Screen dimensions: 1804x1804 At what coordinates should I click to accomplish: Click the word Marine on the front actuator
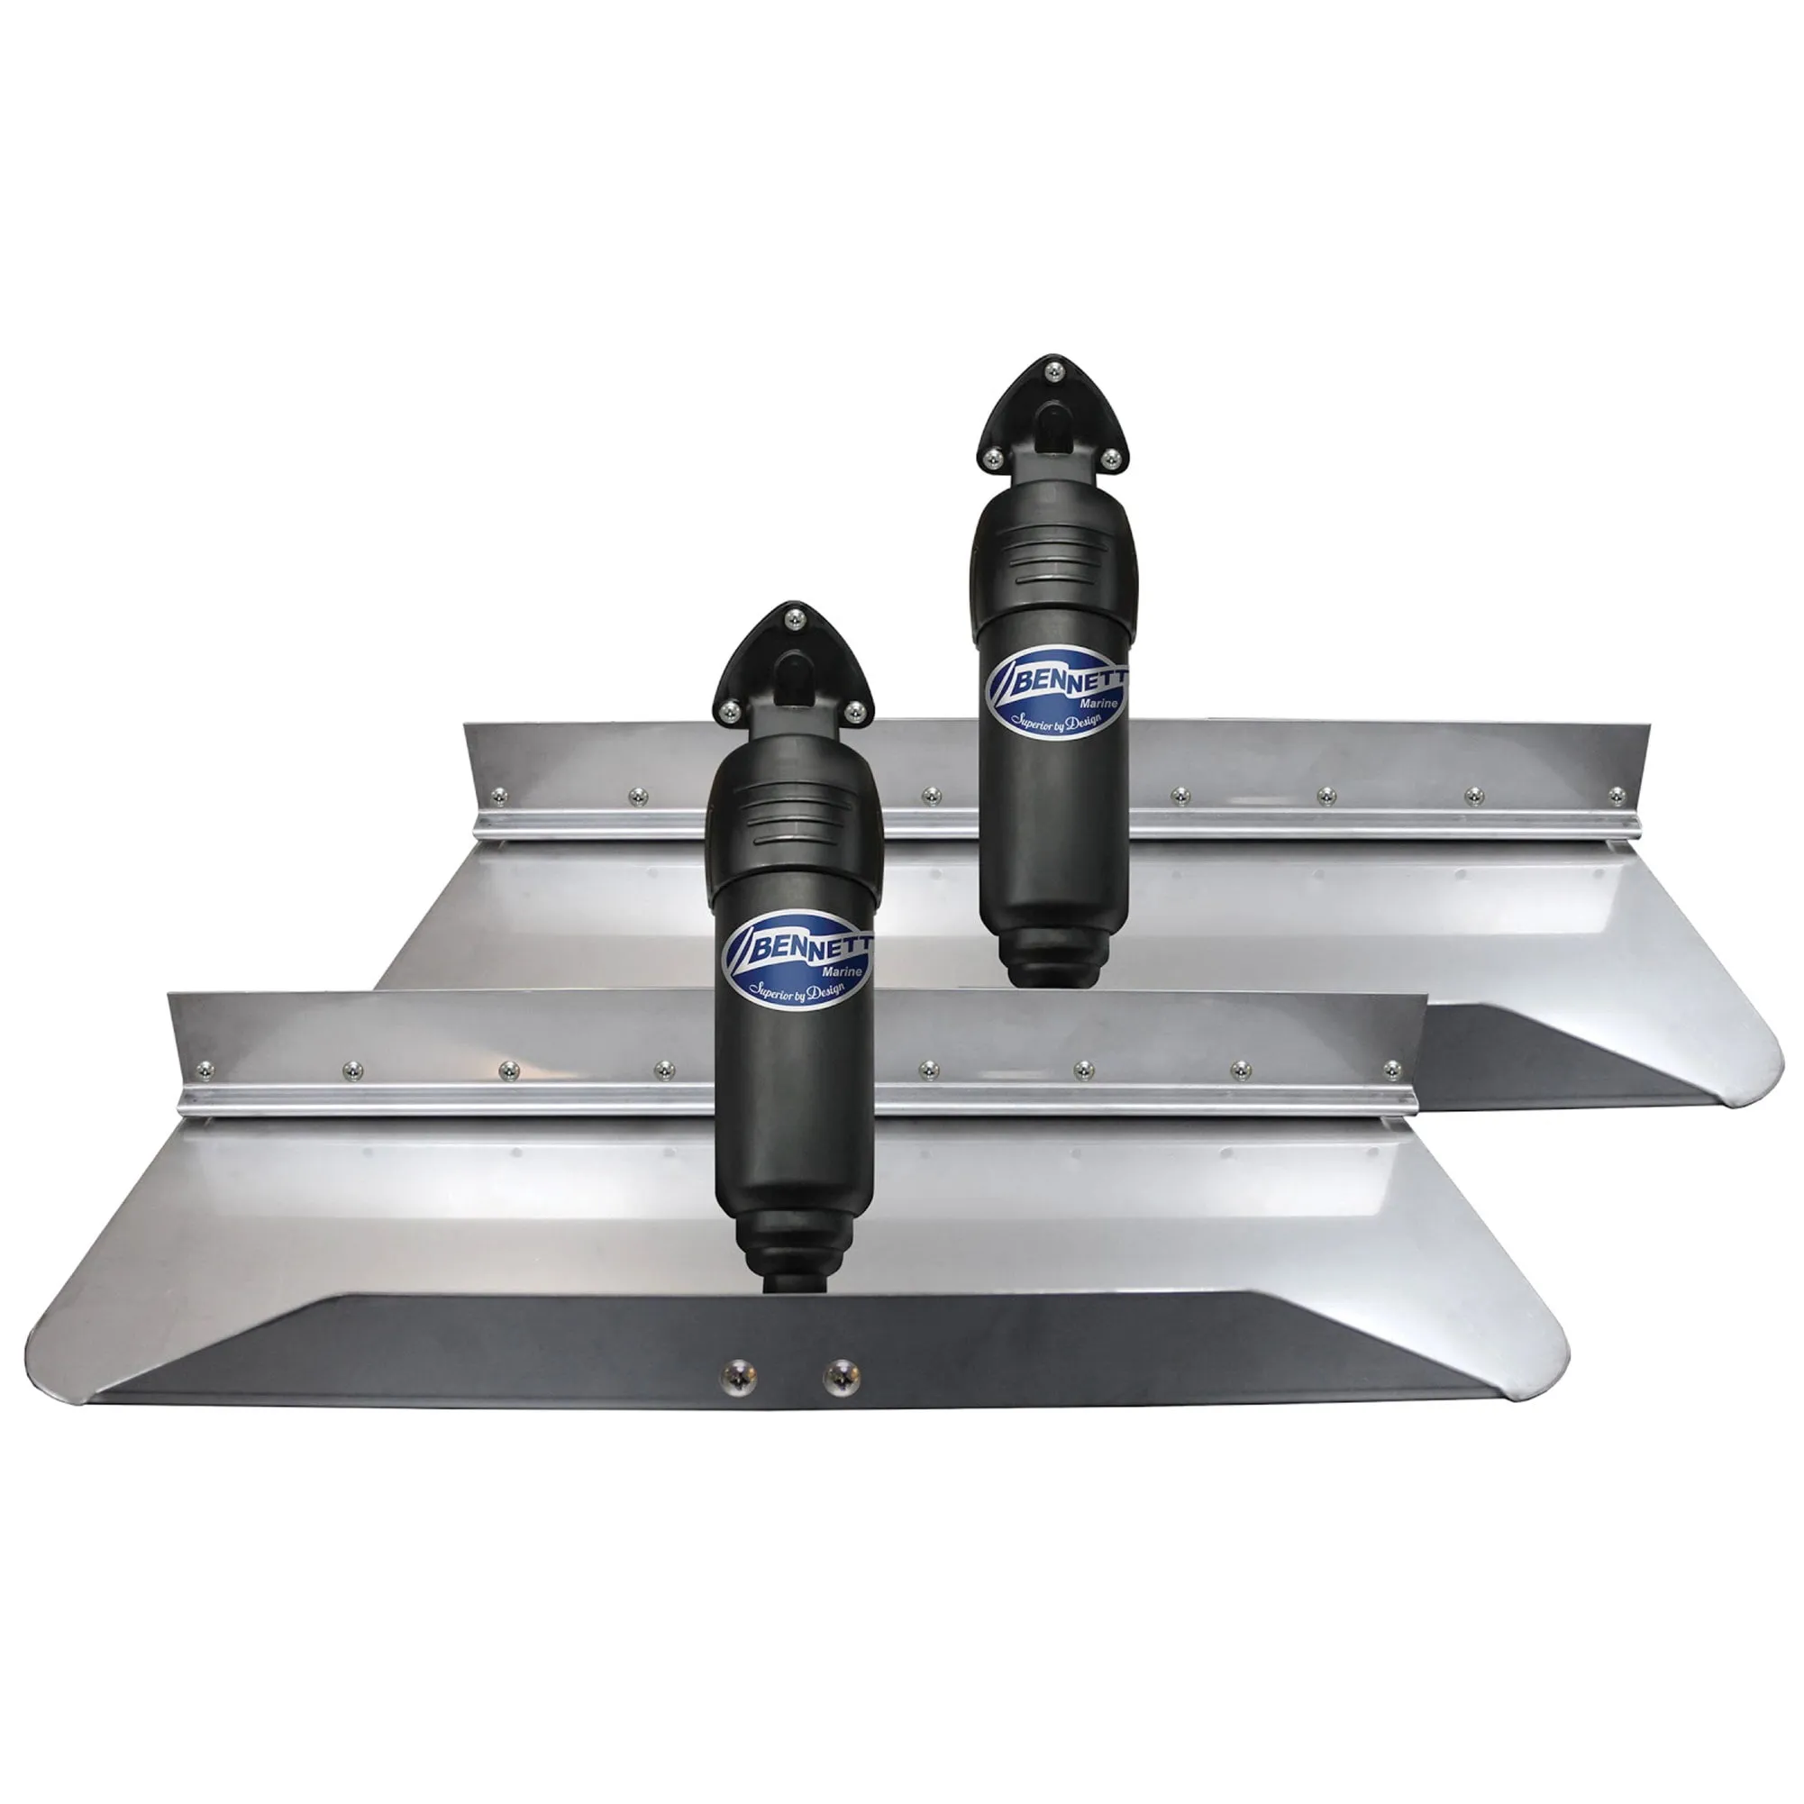(x=843, y=971)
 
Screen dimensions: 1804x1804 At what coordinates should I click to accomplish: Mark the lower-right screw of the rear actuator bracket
(x=1111, y=459)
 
